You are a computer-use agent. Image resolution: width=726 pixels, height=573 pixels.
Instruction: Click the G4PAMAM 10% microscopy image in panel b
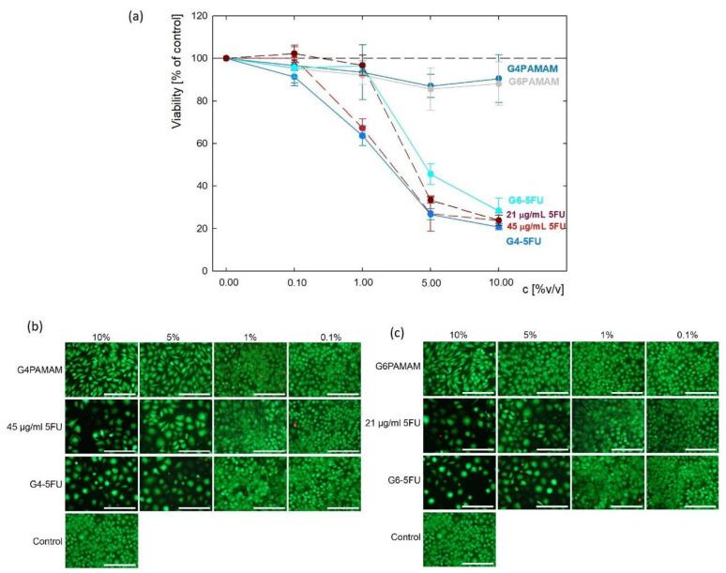(x=101, y=369)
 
